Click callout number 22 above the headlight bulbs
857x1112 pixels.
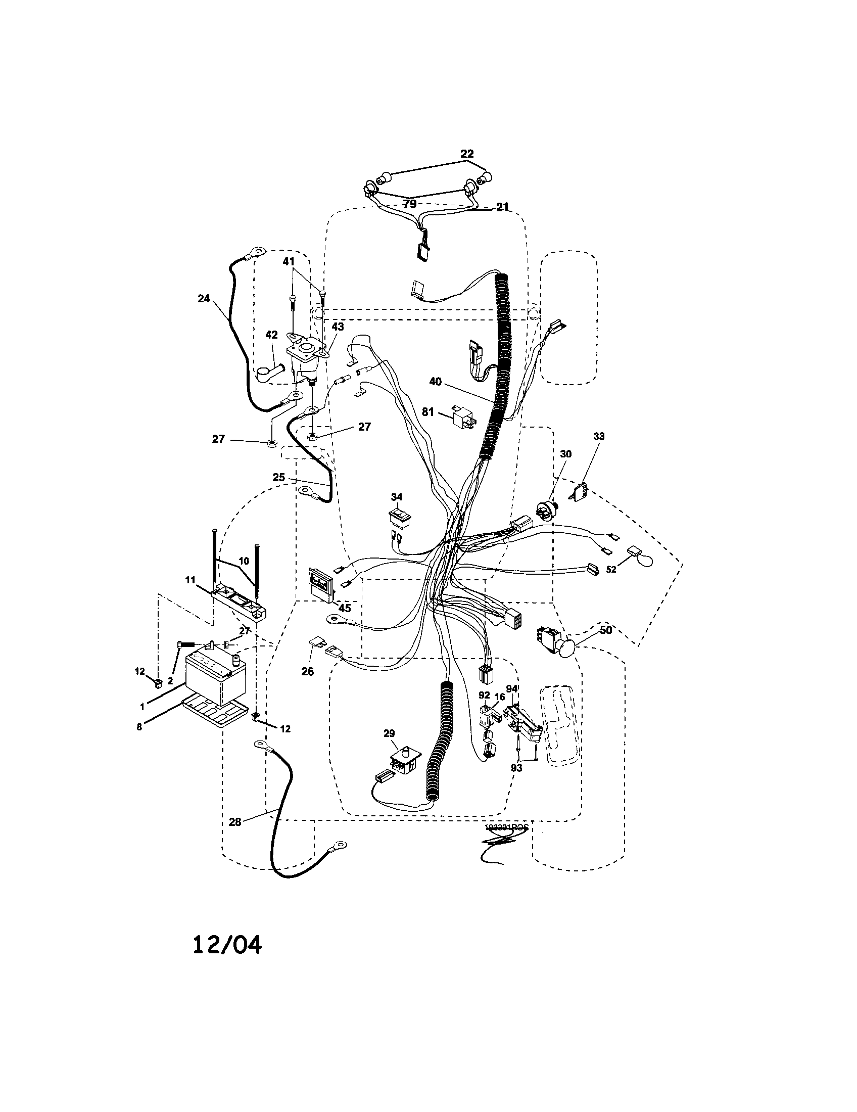pyautogui.click(x=467, y=153)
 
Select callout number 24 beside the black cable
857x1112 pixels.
pyautogui.click(x=204, y=299)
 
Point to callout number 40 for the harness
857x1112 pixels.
pyautogui.click(x=435, y=381)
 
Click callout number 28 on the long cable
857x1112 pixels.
pyautogui.click(x=234, y=822)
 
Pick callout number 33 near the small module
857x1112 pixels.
pyautogui.click(x=599, y=436)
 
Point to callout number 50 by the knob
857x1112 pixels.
pyautogui.click(x=605, y=630)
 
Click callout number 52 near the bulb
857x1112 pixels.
pyautogui.click(x=611, y=570)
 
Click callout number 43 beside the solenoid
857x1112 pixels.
pyautogui.click(x=338, y=327)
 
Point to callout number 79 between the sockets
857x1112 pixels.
pyautogui.click(x=410, y=204)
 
